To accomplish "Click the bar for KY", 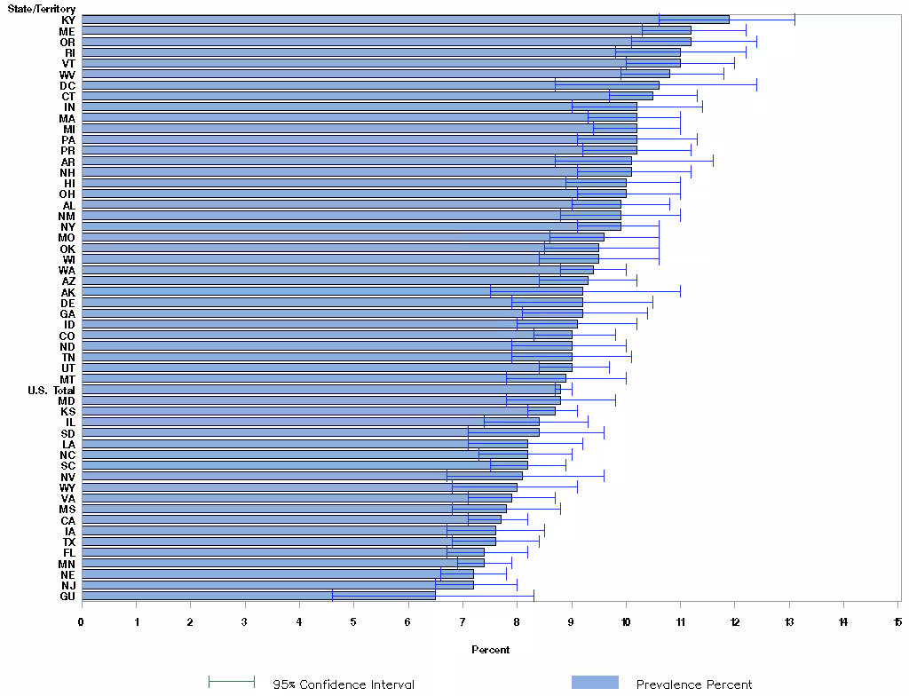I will [x=405, y=20].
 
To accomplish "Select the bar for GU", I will [x=258, y=596].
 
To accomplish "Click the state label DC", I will [x=68, y=85].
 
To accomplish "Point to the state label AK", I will [x=68, y=292].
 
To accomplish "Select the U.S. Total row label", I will [x=51, y=390].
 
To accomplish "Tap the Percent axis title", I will [x=490, y=650].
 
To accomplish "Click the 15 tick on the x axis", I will [x=898, y=621].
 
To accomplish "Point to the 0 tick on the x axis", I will [x=82, y=621].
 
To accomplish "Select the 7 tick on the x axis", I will [x=462, y=621].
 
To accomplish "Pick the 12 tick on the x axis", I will [x=735, y=621].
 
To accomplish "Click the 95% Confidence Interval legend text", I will [x=344, y=684].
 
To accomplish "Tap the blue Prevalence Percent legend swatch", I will [x=595, y=682].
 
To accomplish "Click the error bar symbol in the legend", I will [x=232, y=682].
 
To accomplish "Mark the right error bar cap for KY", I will [x=794, y=20].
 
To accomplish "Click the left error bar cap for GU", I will [x=332, y=596].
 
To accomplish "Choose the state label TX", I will [x=68, y=542].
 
